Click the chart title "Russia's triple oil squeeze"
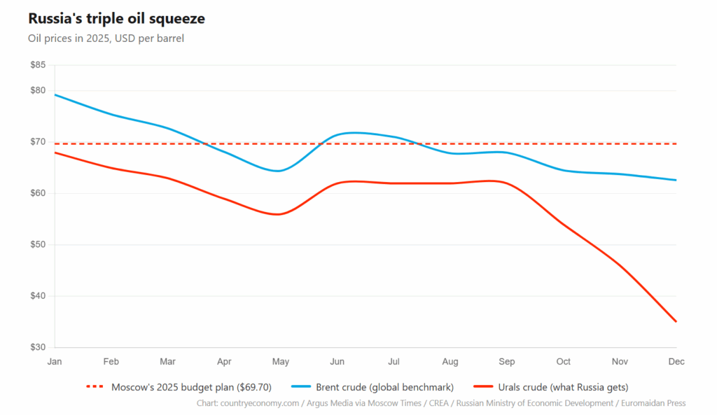(x=116, y=18)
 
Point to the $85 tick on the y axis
(x=38, y=65)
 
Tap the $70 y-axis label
(x=38, y=142)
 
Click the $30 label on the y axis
(x=38, y=347)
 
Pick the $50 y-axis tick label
(x=38, y=245)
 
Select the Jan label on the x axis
(x=54, y=362)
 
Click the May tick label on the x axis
(x=280, y=362)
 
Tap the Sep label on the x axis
(x=506, y=362)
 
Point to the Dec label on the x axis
(x=676, y=362)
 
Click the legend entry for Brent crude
(x=384, y=387)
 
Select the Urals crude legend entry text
(x=563, y=387)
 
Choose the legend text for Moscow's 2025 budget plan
(x=191, y=387)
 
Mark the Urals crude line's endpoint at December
(x=676, y=322)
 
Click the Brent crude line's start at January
(x=55, y=94)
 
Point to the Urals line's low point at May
(x=279, y=214)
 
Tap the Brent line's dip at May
(x=279, y=171)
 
